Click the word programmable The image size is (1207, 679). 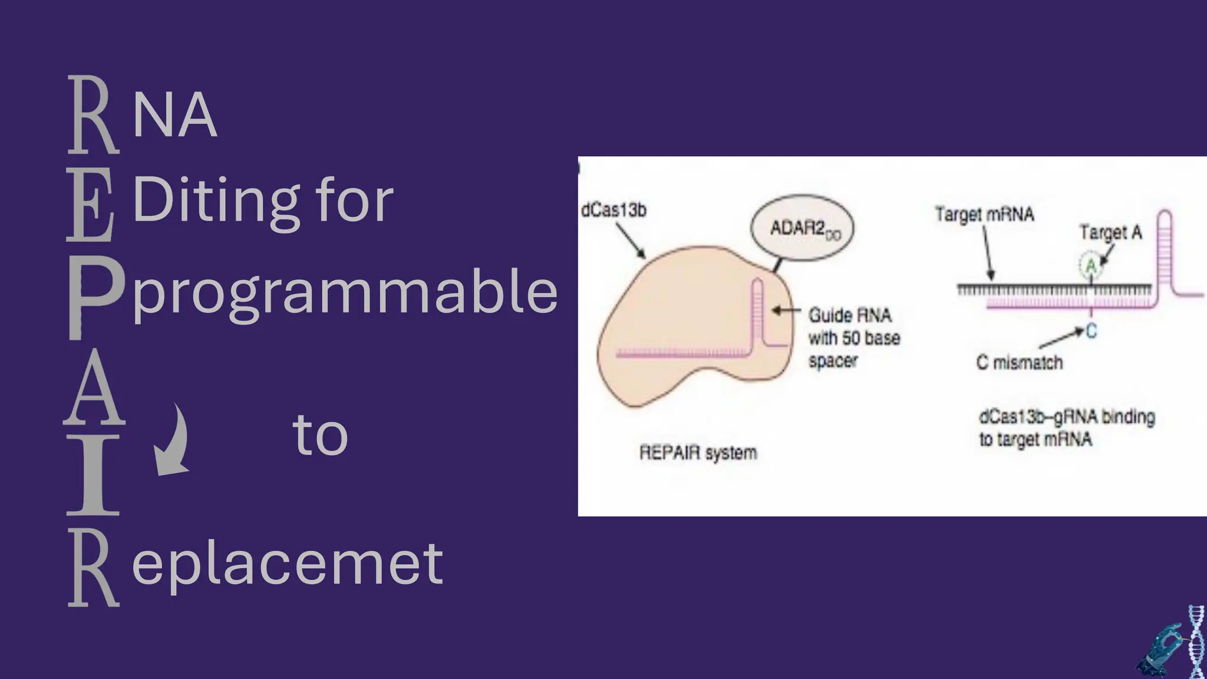(x=345, y=292)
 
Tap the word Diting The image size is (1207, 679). (x=216, y=200)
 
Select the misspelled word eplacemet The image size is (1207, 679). (x=288, y=564)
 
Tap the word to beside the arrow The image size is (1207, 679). (x=320, y=435)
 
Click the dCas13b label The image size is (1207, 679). (x=614, y=210)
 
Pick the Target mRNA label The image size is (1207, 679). (x=984, y=214)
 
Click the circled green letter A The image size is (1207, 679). (x=1090, y=266)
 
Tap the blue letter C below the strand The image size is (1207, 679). (x=1091, y=331)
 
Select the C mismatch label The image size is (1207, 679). (x=1019, y=362)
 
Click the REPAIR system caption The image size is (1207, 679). (x=698, y=453)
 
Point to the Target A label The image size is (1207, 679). (x=1110, y=232)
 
